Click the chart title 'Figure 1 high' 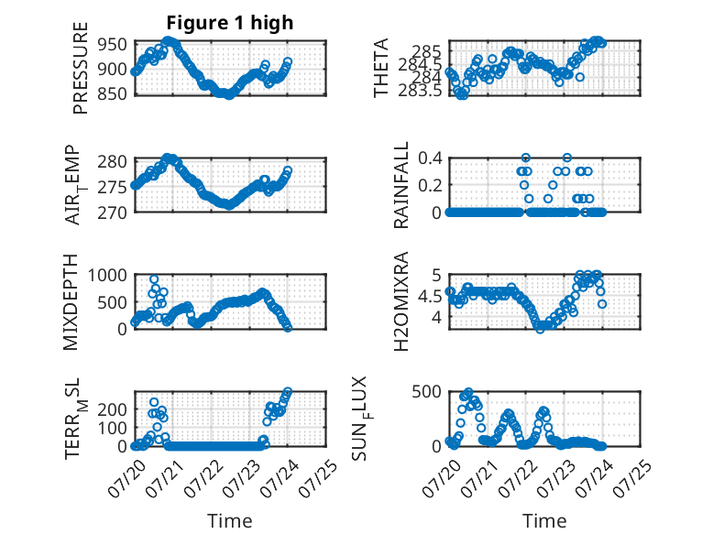coord(230,23)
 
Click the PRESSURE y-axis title coord(80,68)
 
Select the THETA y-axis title coord(381,68)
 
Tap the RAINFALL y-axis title coord(401,185)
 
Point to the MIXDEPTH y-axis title coord(71,302)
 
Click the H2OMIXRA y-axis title coord(401,301)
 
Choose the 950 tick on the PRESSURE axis coord(113,45)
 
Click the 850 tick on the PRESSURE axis coord(113,93)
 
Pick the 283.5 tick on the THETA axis coord(420,91)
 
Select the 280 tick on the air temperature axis coord(113,161)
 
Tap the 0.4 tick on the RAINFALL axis coord(430,158)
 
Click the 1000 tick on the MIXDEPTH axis coord(108,275)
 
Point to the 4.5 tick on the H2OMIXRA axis coord(430,297)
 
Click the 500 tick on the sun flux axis coord(426,392)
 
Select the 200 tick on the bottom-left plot coord(113,409)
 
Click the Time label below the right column coord(544,521)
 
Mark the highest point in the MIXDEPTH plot coord(154,279)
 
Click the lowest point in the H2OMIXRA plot coord(540,329)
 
